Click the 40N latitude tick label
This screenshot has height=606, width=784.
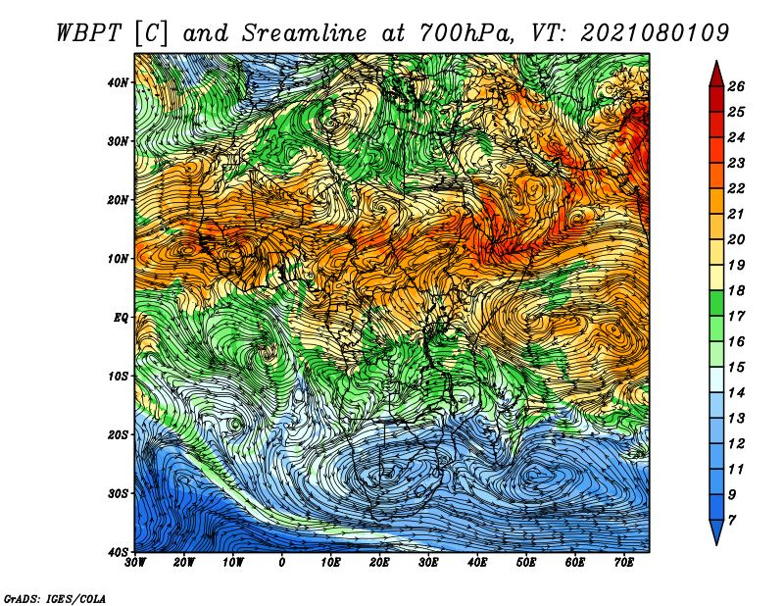tap(118, 82)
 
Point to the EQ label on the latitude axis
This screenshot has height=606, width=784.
tap(121, 318)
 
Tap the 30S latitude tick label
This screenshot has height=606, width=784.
tap(118, 493)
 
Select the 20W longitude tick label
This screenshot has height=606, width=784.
tap(183, 563)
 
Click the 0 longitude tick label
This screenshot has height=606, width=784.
tap(282, 563)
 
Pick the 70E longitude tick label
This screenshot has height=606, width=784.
tap(624, 563)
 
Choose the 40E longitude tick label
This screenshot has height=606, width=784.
tap(477, 563)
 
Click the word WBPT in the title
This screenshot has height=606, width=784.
tap(89, 33)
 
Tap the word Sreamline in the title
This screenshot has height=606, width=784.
tap(305, 33)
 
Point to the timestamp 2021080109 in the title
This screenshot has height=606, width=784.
tap(655, 33)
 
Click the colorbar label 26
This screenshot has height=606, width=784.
tap(736, 86)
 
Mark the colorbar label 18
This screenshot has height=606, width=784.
tap(736, 290)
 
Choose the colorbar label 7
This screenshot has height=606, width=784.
tap(732, 521)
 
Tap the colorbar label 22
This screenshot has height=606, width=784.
tap(736, 188)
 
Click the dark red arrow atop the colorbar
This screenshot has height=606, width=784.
tap(716, 76)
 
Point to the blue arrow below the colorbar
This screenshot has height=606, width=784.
tap(716, 531)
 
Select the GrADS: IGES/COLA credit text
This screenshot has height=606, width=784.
tap(55, 599)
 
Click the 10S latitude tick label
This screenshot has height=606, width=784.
tap(118, 377)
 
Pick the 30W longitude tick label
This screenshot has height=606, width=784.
tap(135, 563)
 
